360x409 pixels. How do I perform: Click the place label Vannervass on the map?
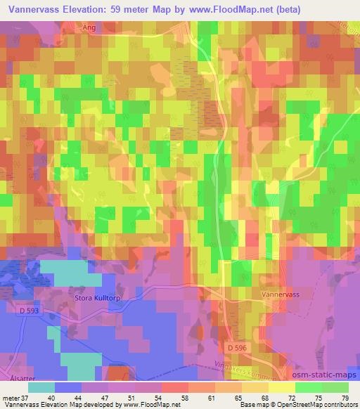(281, 296)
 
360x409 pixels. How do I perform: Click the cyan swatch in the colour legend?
(41, 387)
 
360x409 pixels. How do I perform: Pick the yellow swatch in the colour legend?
(282, 387)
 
